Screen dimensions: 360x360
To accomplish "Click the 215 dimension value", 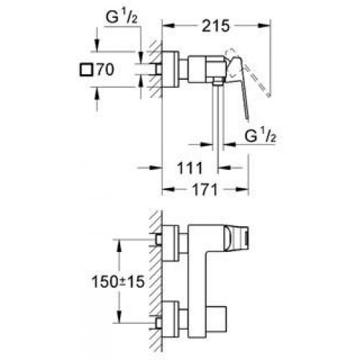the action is click(216, 26).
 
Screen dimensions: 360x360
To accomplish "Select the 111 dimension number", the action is click(190, 168).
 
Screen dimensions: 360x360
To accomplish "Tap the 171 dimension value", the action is click(204, 189).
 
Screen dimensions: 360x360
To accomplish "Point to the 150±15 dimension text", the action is click(118, 282).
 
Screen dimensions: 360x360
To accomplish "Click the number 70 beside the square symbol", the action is click(105, 70).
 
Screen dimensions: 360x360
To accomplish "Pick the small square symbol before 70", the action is click(86, 70).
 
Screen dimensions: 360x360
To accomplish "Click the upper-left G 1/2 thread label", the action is click(122, 17).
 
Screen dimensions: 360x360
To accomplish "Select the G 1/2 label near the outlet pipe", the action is click(261, 135).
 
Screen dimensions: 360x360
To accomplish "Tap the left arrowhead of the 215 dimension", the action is click(168, 26).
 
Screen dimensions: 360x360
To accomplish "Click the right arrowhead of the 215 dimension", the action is click(265, 26).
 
